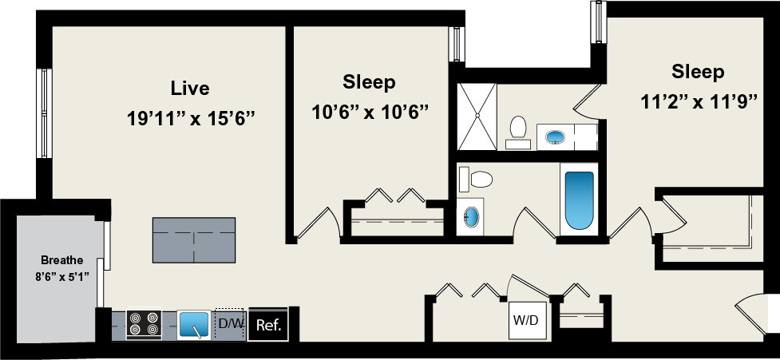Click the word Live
pyautogui.click(x=190, y=87)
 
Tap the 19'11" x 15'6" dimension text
pyautogui.click(x=190, y=119)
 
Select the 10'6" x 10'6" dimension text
pyautogui.click(x=369, y=111)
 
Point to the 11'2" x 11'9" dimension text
pyautogui.click(x=698, y=103)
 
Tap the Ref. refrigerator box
pyautogui.click(x=267, y=325)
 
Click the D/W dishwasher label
pyautogui.click(x=230, y=323)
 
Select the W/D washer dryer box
pyautogui.click(x=525, y=321)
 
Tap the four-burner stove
pyautogui.click(x=144, y=324)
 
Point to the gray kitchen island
pyautogui.click(x=196, y=239)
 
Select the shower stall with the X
pyautogui.click(x=477, y=117)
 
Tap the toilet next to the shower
pyautogui.click(x=518, y=130)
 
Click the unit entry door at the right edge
pyautogui.click(x=754, y=315)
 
